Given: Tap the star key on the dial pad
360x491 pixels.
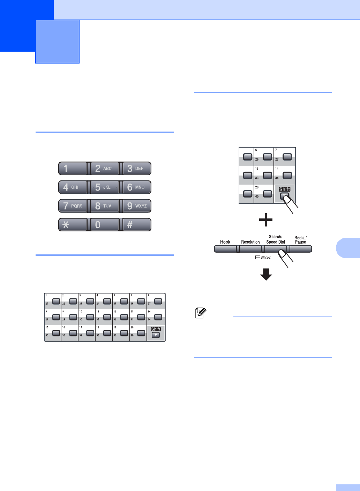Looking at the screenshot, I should tap(73, 225).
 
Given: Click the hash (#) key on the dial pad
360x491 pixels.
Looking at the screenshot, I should tap(137, 225).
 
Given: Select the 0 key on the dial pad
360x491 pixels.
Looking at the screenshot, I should tap(105, 225).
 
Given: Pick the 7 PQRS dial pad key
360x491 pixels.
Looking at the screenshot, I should tap(73, 206).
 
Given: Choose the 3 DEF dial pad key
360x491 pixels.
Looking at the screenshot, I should tap(137, 169).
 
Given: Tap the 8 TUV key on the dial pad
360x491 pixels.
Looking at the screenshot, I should tap(105, 206).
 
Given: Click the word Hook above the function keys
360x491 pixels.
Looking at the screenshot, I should tap(225, 242).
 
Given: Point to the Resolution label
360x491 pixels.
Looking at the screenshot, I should tap(250, 242).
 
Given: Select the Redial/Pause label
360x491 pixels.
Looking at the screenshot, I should tap(300, 240).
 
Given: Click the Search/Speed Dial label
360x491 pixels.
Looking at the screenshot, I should tap(276, 239).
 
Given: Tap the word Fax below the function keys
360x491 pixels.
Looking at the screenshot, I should tap(263, 257).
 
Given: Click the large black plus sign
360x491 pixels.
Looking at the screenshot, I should tap(266, 220).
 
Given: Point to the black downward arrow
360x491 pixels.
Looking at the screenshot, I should tap(266, 274).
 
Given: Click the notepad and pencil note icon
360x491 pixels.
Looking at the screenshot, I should tap(201, 313).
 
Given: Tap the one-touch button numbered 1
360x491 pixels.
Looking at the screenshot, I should tap(56, 301).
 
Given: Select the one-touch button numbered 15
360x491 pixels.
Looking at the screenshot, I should tap(56, 333).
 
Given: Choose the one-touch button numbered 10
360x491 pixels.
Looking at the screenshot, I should tap(90, 317).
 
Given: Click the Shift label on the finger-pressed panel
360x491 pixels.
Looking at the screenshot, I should tap(285, 189).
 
